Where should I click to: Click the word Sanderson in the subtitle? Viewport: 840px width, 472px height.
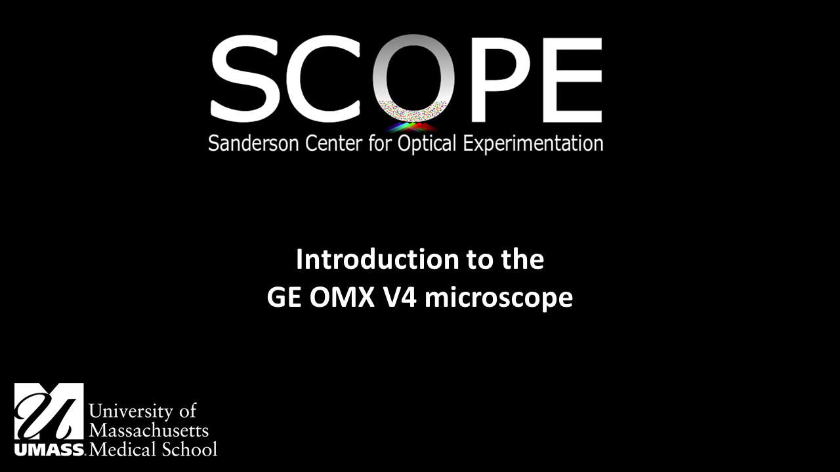point(253,143)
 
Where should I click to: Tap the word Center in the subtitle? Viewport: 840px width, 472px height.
point(334,143)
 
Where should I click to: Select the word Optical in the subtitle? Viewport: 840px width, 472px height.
point(427,144)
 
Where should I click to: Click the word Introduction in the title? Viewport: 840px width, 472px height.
point(377,259)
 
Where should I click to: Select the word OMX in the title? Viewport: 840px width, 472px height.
point(343,298)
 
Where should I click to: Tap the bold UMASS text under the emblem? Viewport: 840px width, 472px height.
point(49,450)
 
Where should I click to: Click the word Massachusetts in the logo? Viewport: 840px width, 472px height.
point(149,430)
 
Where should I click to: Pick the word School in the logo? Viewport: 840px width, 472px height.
point(190,449)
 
